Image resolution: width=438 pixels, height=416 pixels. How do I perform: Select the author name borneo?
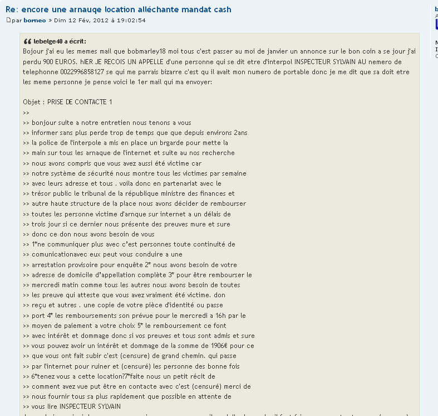35,21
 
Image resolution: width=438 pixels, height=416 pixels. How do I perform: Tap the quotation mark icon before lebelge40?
27,42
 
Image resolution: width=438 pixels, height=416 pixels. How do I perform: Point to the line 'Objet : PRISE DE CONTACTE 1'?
67,102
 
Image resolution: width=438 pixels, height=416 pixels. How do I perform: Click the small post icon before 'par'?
8,21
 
